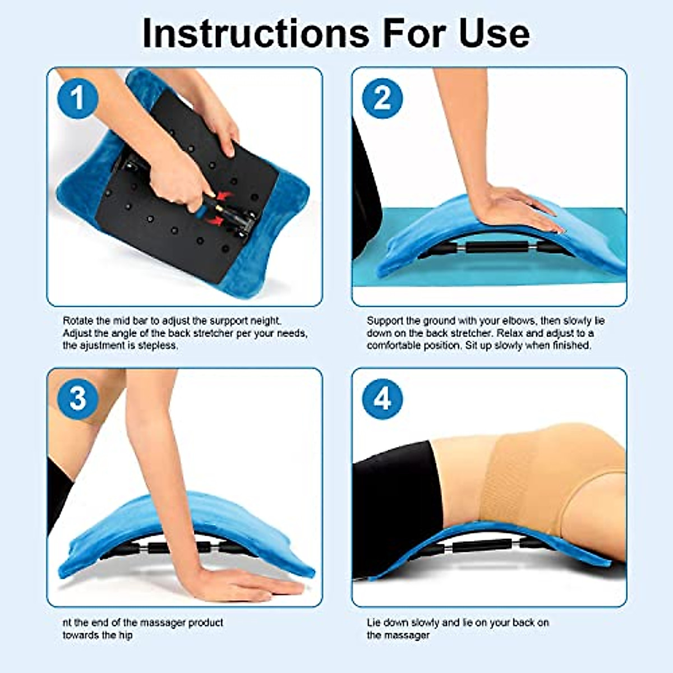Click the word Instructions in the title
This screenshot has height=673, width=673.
pos(255,33)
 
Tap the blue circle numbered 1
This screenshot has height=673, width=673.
pos(78,98)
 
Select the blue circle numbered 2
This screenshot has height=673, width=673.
pos(382,98)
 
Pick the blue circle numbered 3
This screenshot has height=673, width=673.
pos(78,399)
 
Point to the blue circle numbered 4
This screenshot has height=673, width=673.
pos(382,399)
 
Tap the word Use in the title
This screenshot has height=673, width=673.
pos(494,33)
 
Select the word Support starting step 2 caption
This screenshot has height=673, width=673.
pos(385,321)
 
